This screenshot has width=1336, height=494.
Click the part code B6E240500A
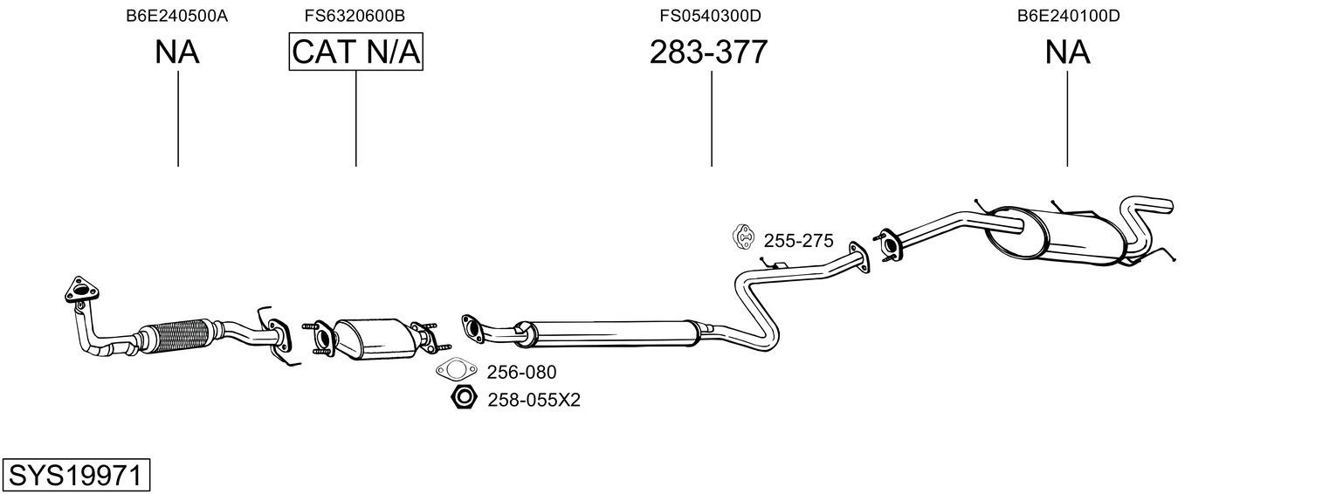[176, 16]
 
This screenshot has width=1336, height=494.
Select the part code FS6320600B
[355, 16]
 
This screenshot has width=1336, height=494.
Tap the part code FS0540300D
[710, 16]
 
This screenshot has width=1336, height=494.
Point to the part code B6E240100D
[1069, 16]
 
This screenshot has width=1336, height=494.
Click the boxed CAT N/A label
[356, 51]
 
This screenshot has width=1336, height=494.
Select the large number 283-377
[708, 51]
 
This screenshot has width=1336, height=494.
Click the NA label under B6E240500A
[177, 51]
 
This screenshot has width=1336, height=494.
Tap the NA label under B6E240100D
[1068, 51]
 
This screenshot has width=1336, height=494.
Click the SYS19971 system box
[76, 476]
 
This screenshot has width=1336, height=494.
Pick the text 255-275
[799, 241]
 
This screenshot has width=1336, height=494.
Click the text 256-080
[521, 373]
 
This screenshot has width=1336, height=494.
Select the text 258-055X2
[534, 400]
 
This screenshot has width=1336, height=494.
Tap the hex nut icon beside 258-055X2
[464, 397]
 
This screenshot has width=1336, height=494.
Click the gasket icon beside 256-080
[457, 370]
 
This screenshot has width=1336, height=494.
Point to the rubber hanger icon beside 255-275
[744, 237]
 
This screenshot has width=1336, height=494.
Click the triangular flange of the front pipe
[82, 291]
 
